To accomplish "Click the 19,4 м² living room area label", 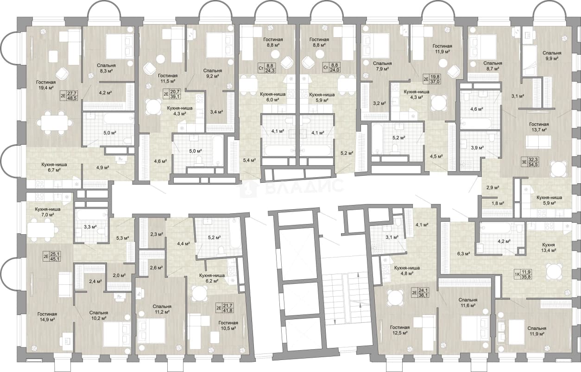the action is tap(46, 85).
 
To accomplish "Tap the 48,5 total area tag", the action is tap(72, 98).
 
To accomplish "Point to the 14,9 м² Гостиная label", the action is tap(47, 317).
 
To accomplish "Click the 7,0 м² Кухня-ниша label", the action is tap(48, 212).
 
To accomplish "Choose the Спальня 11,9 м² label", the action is tap(537, 331).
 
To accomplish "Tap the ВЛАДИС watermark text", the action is tap(305, 186).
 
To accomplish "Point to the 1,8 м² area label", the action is tap(498, 204).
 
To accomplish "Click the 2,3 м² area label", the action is tap(157, 234).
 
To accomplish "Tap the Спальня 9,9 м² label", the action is tap(552, 56).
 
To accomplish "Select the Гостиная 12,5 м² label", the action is tap(400, 330).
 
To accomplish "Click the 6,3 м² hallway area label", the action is tap(464, 254).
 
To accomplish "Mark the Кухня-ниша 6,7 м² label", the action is tap(54, 167).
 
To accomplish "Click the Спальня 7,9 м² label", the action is tap(382, 66).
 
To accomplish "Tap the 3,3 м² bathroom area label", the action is tap(90, 227).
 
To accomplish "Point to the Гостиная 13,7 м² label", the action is tap(539, 127).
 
